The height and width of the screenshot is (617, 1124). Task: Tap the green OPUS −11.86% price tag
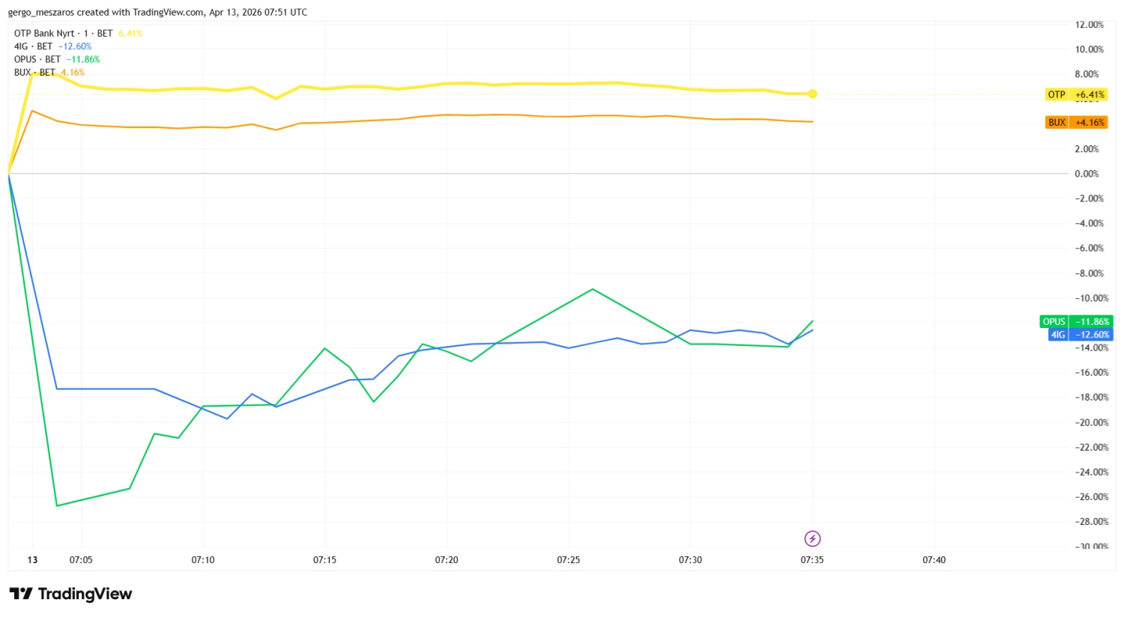click(x=1076, y=322)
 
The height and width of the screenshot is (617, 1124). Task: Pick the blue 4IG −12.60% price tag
click(x=1081, y=335)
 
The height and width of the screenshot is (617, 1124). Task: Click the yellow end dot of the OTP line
click(x=812, y=94)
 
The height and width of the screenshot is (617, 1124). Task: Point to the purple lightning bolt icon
click(x=812, y=538)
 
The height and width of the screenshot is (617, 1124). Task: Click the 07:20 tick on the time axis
click(x=447, y=560)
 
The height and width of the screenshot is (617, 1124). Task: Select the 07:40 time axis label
click(x=934, y=560)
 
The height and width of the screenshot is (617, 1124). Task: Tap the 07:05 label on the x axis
click(x=81, y=560)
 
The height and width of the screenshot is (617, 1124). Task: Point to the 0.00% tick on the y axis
click(x=1087, y=174)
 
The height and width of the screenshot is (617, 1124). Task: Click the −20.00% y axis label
click(x=1090, y=422)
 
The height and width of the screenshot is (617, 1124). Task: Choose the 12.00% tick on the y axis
click(x=1089, y=25)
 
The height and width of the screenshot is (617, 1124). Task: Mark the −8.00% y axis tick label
click(x=1090, y=273)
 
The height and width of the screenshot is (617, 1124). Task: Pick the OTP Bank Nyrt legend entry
click(x=45, y=34)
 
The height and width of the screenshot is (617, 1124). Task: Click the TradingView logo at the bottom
click(x=71, y=594)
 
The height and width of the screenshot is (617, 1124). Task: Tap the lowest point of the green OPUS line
click(x=57, y=505)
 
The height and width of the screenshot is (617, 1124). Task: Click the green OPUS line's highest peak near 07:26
click(x=593, y=289)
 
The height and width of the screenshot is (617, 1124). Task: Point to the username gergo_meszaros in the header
click(x=41, y=12)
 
